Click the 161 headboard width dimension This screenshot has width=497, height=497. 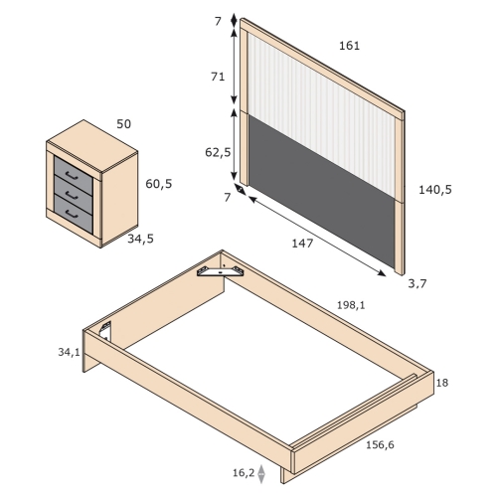349,46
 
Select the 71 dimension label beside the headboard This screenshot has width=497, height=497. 218,77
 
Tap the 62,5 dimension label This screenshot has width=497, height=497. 218,152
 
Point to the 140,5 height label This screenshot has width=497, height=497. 435,190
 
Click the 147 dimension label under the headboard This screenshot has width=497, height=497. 302,244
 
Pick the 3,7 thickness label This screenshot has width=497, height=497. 417,283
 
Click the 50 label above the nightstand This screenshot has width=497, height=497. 124,124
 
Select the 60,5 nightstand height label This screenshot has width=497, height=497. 159,184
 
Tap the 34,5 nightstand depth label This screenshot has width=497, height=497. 141,239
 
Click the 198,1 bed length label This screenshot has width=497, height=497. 351,305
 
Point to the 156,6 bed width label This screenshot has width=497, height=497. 380,444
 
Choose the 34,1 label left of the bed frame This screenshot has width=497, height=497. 69,352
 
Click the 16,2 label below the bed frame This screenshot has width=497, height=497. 244,473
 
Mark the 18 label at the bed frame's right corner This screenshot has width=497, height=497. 442,383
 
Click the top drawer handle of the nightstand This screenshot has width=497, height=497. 72,176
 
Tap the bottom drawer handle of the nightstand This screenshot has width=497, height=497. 72,215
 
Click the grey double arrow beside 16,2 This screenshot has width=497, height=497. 261,474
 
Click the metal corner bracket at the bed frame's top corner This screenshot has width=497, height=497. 221,271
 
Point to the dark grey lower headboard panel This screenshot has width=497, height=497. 321,191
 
